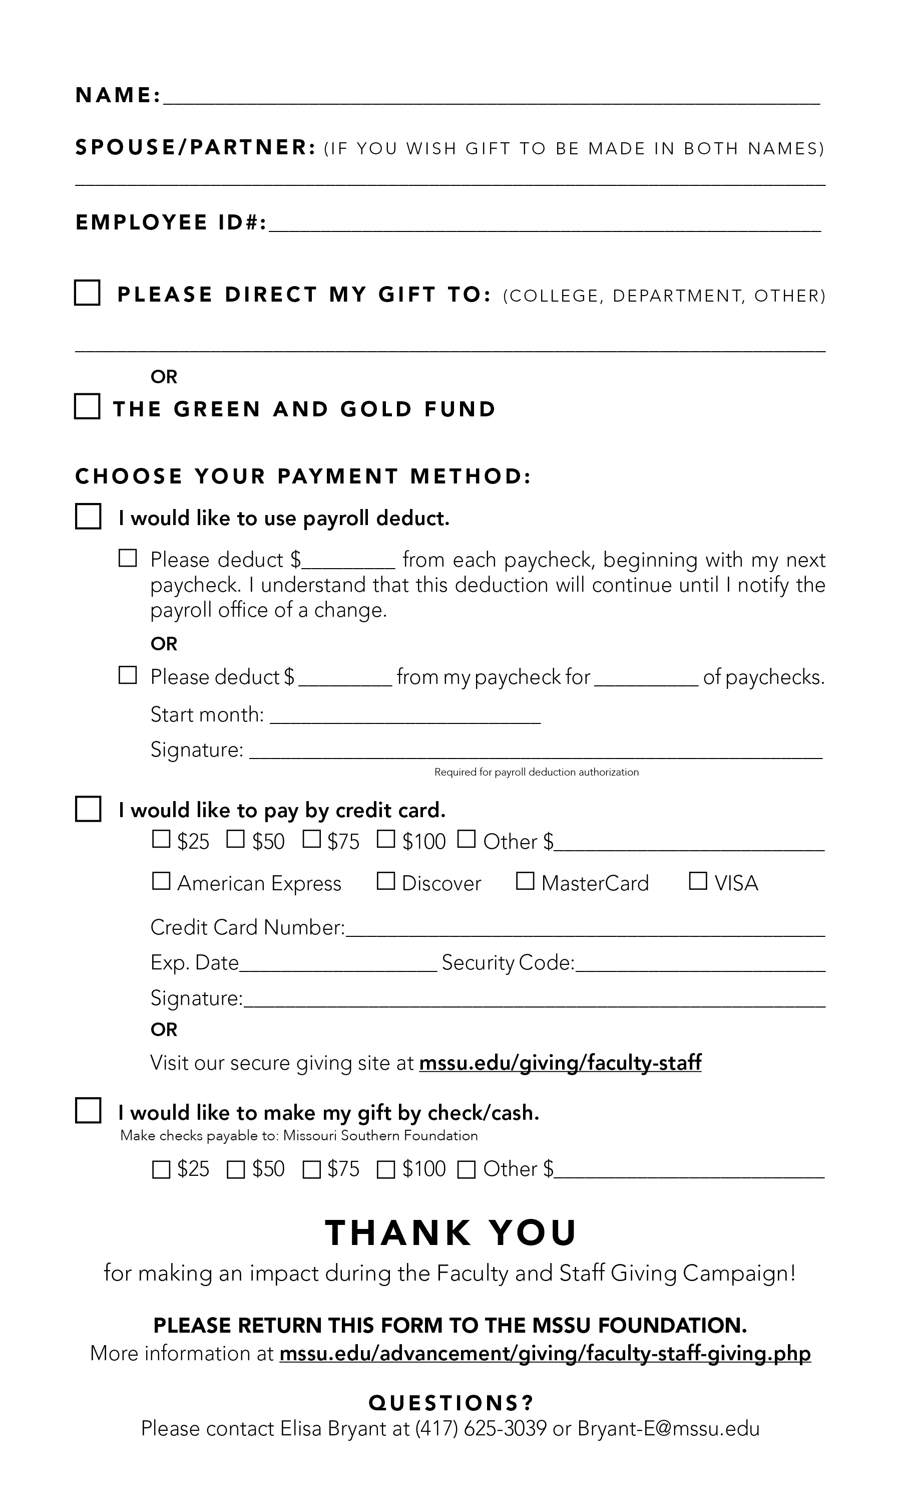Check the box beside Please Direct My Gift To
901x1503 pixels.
pos(88,293)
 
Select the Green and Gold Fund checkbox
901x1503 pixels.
pos(88,406)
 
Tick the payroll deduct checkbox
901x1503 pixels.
pos(88,517)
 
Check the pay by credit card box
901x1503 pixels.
pos(88,809)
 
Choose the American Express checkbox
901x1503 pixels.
pos(161,881)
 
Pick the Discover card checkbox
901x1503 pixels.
pos(385,881)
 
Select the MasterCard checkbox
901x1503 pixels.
pos(525,881)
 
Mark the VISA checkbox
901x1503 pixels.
pos(698,881)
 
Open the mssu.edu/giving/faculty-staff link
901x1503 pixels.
pos(560,1063)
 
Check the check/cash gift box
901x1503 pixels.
pos(88,1111)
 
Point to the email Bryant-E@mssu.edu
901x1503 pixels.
pos(668,1428)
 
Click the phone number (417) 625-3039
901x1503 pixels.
pos(481,1428)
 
